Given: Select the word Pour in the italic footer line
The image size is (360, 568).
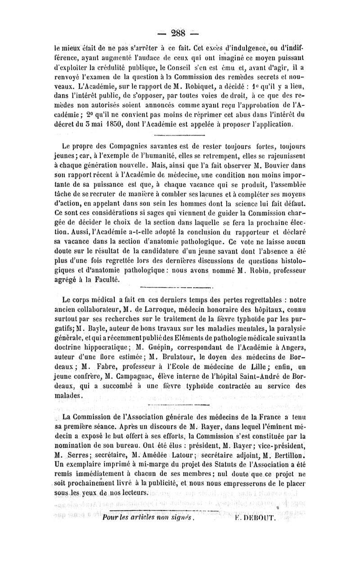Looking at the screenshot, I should pyautogui.click(x=111, y=518).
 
